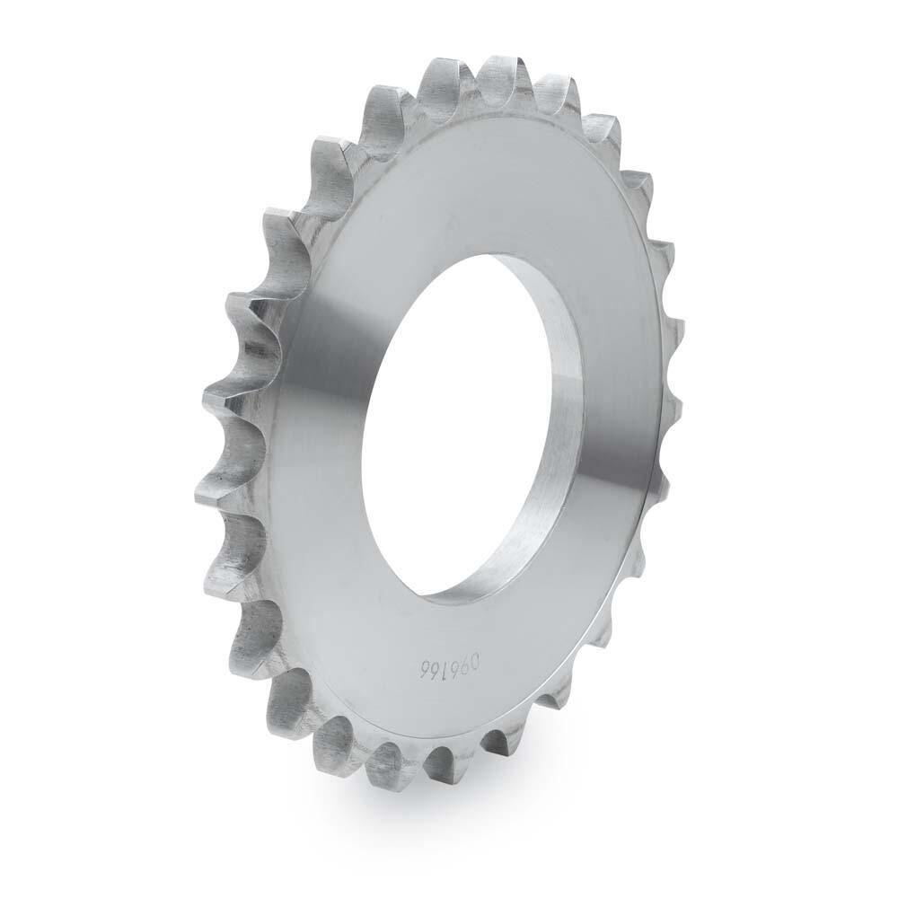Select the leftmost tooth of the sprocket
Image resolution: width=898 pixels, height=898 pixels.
pyautogui.click(x=208, y=490)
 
